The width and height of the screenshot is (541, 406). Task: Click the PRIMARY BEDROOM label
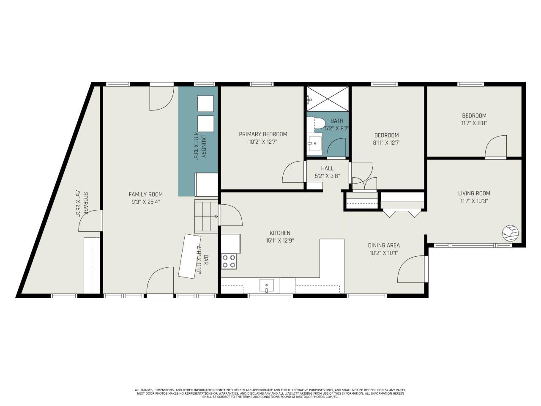point(263,134)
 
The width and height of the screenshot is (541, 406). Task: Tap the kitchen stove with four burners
point(229,261)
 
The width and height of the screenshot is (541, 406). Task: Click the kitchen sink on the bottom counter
point(266,285)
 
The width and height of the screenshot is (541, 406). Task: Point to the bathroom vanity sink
point(314,144)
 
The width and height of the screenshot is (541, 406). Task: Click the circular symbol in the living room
point(510,233)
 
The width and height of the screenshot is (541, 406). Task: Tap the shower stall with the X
point(328,99)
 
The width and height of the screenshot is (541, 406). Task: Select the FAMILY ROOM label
point(146,194)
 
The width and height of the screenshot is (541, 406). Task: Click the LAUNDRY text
point(203,146)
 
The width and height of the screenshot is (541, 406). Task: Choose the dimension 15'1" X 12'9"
point(280,240)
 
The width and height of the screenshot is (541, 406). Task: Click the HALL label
point(327,168)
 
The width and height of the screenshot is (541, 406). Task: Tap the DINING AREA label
point(384,245)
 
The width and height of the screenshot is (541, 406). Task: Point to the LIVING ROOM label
point(474,193)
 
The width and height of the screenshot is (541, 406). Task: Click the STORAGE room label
point(85,203)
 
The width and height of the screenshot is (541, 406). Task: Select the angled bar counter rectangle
point(189,256)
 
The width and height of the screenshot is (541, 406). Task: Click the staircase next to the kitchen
point(207,217)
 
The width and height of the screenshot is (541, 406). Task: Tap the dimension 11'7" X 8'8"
point(474,123)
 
